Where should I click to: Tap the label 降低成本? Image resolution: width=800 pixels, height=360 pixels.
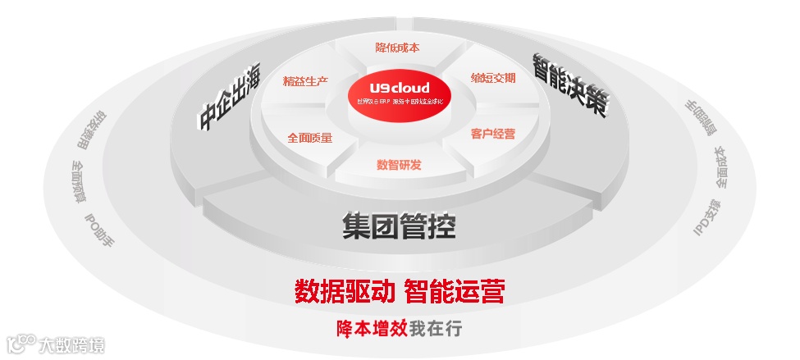(x=397, y=48)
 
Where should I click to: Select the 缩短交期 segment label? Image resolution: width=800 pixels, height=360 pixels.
(x=493, y=79)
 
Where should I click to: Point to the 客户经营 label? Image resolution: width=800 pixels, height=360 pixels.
(x=493, y=134)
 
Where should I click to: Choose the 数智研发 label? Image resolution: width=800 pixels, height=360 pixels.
(x=399, y=165)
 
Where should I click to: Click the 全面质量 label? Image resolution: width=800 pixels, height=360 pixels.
(x=310, y=138)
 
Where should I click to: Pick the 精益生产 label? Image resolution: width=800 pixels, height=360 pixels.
(x=305, y=81)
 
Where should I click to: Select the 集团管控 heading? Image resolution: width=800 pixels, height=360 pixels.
(x=399, y=226)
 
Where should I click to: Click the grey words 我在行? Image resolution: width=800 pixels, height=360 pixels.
(x=436, y=329)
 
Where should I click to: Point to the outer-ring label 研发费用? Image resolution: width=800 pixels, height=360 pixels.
(x=92, y=130)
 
